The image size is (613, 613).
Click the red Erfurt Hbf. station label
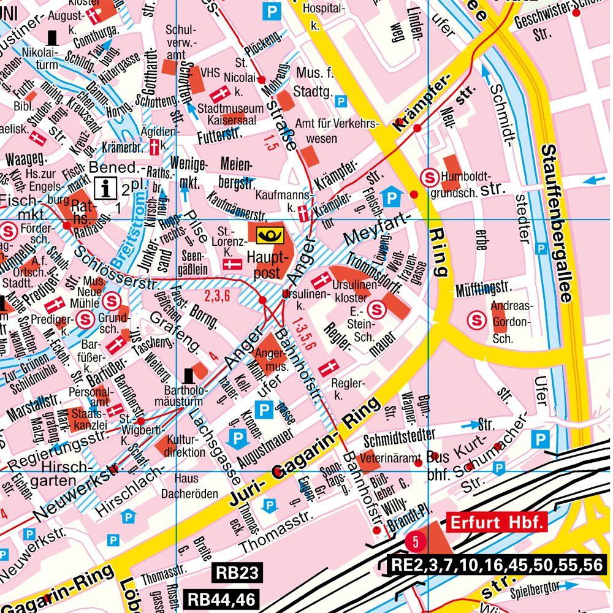[x=497, y=523]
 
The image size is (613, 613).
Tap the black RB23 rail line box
[x=234, y=574]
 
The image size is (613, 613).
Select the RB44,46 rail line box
[x=221, y=599]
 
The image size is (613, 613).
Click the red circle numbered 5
[x=415, y=541]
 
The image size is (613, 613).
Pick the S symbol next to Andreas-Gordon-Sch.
[x=478, y=319]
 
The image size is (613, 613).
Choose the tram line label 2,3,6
[x=217, y=297]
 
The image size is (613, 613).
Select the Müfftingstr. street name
[x=483, y=288]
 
